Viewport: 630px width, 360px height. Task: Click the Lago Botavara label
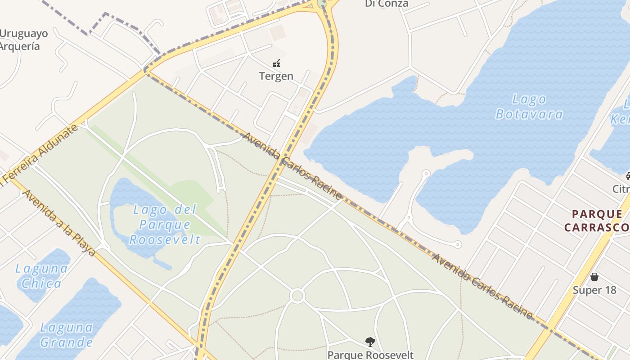[529, 107]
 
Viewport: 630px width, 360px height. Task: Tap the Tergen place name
[276, 76]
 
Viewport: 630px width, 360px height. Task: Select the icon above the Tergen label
[276, 63]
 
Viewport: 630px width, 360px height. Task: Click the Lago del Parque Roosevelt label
[165, 224]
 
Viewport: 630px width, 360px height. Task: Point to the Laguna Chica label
[41, 276]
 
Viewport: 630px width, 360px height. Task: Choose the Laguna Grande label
[66, 334]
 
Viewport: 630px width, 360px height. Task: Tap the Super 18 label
[594, 290]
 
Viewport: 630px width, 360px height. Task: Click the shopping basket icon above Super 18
[594, 276]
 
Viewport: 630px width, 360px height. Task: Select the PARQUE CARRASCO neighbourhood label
[597, 220]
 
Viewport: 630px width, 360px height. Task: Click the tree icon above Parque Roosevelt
[370, 342]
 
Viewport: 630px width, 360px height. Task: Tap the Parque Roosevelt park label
[370, 355]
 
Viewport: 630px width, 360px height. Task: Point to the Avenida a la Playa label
[59, 222]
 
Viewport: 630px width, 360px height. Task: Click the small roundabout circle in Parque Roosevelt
[297, 296]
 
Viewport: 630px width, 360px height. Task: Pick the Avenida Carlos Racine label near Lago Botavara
[292, 166]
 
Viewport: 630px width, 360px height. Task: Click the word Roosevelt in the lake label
[165, 239]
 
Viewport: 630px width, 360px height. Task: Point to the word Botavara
[529, 114]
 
